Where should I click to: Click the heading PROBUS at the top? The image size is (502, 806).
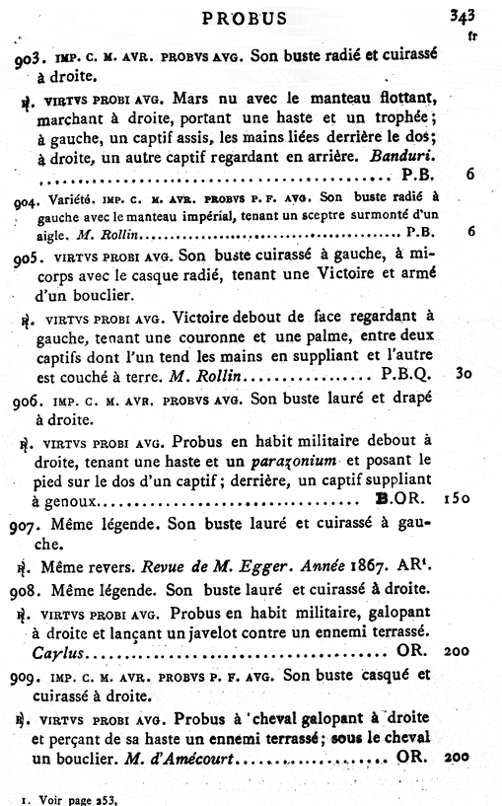point(244,18)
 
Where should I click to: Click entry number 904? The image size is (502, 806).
point(36,198)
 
